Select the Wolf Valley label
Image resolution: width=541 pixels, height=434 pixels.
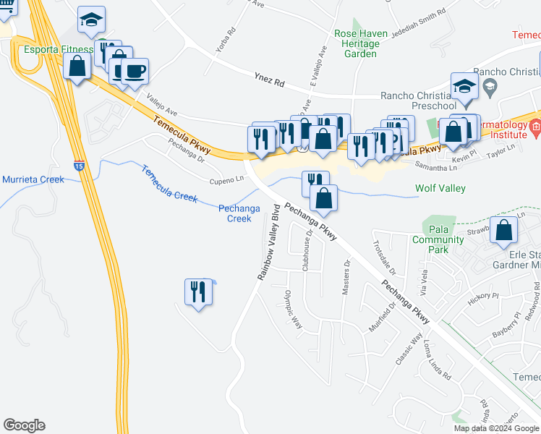pos(440,188)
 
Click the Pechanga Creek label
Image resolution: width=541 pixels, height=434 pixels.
pos(239,213)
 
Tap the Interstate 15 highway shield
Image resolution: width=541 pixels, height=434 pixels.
pos(79,165)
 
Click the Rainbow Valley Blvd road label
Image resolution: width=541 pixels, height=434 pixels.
pos(269,242)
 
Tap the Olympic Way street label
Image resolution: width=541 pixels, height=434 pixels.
pos(293,309)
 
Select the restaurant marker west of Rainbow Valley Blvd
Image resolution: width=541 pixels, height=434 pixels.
pos(198,292)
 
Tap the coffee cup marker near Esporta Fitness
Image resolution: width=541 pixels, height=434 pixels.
pos(135,72)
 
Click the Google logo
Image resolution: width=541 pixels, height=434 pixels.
pos(25,425)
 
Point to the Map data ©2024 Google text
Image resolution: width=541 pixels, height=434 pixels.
pos(495,428)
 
